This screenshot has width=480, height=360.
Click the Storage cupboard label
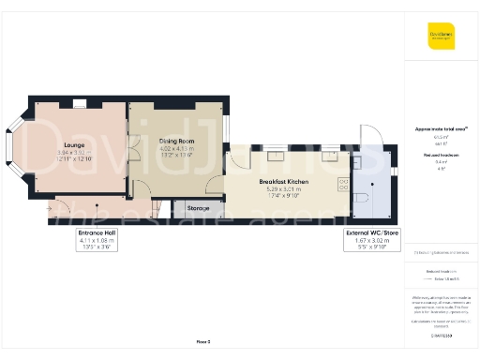198,208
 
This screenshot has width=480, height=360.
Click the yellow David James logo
442,38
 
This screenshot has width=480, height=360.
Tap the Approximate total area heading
441,127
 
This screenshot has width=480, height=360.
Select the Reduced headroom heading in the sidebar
441,155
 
